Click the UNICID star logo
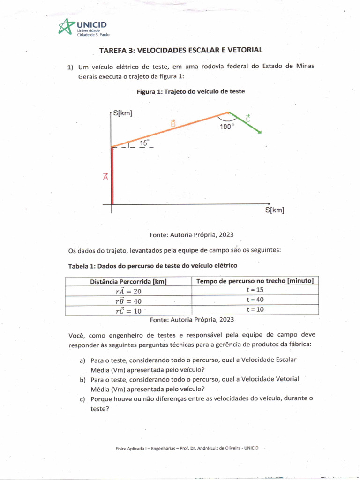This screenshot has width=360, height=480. pos(66,27)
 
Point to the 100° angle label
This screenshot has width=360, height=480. pos(227,127)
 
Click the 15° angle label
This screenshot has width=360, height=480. pos(144,142)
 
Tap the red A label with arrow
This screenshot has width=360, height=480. pos(105,176)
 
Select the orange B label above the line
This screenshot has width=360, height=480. pos(173,124)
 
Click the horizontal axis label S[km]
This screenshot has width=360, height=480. pos(275,210)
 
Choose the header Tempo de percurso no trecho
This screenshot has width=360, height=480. pos(255,281)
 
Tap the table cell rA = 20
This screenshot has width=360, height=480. pos(128,291)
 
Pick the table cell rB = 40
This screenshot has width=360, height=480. pos(128,301)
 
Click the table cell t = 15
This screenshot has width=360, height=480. pos(255,290)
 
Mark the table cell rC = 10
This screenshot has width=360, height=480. pos(128,311)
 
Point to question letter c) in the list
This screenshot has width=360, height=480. pos(83,399)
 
